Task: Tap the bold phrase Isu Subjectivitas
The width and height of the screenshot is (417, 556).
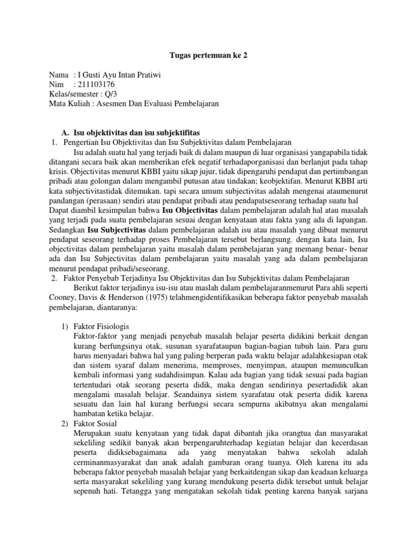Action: click(x=113, y=230)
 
